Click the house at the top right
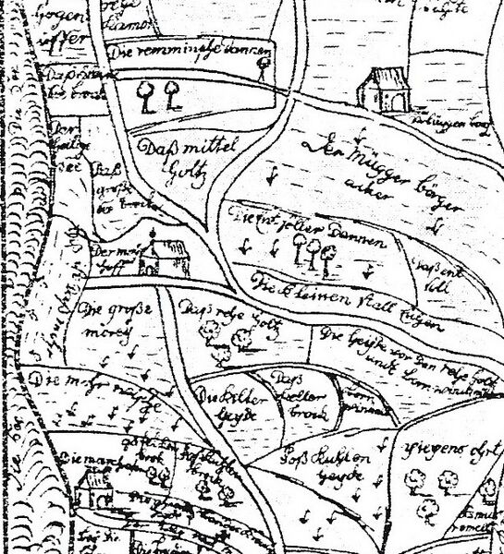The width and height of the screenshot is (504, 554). click(x=380, y=89)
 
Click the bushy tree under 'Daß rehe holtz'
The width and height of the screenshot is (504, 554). click(x=243, y=338)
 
